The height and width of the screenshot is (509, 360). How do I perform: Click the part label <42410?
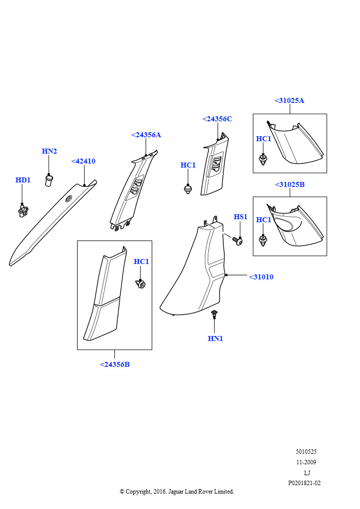pos(83,162)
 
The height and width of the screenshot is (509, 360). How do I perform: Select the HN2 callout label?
pos(49,151)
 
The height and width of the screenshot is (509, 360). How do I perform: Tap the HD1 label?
pos(23,180)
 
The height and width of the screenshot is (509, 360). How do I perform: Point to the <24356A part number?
pos(146,135)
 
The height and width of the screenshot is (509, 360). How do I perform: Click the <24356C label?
pos(217,119)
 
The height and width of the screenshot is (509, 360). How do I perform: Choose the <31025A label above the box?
pos(289,100)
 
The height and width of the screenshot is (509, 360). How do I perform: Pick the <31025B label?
pos(290,185)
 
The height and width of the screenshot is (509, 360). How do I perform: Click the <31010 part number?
pos(262,277)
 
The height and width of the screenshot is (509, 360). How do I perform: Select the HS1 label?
pos(241,217)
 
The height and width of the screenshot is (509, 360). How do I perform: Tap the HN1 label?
pos(215,339)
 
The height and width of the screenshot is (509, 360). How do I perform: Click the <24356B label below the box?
pos(115,364)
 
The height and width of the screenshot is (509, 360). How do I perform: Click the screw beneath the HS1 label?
pos(237,241)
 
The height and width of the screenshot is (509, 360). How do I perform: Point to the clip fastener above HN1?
pos(214,314)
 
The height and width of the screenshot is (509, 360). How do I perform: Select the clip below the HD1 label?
pos(23,211)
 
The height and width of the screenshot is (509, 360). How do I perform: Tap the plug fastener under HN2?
pos(49,180)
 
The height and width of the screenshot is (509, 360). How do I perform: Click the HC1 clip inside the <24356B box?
pos(140,284)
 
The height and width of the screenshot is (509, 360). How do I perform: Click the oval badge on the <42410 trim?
pos(69,199)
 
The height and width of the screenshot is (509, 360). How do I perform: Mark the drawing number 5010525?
pos(306,451)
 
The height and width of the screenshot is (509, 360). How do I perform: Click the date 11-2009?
pos(306,462)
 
